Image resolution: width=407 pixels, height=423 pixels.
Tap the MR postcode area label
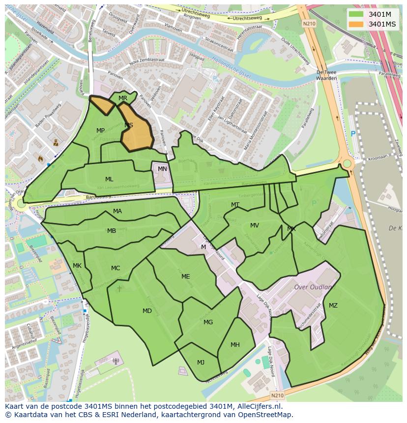click(123, 98)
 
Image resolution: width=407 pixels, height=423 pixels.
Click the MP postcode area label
click(100, 131)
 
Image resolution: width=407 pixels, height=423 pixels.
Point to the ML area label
click(109, 179)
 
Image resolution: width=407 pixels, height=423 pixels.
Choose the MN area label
click(162, 169)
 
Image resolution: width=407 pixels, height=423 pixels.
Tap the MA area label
click(117, 211)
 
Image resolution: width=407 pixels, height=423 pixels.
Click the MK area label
click(77, 266)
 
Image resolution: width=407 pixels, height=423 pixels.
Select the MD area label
click(147, 311)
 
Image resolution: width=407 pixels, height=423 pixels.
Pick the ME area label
click(185, 277)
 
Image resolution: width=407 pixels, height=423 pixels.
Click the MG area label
click(208, 322)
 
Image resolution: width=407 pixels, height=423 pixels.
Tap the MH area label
click(235, 345)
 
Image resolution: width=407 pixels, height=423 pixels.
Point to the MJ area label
click(201, 363)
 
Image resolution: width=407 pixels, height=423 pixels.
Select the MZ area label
click(333, 306)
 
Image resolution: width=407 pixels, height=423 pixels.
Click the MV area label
click(254, 226)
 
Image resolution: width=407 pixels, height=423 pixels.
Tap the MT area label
click(235, 205)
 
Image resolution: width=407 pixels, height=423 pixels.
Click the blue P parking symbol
click(352, 134)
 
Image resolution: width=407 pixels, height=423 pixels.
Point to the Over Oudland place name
click(313, 287)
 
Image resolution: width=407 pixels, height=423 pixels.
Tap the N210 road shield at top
click(309, 23)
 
